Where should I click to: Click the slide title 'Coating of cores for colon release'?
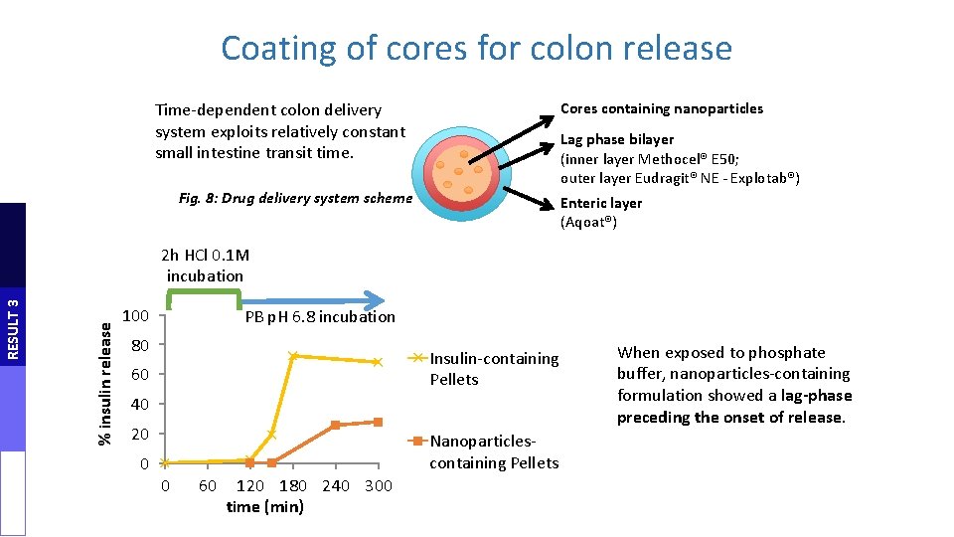pyautogui.click(x=476, y=48)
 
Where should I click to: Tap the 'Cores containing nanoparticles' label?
pyautogui.click(x=662, y=108)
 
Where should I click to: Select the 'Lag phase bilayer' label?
pyautogui.click(x=617, y=139)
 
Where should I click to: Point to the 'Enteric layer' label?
pyautogui.click(x=601, y=203)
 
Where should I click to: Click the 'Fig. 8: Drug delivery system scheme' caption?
pyautogui.click(x=295, y=198)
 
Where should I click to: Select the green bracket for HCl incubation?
pyautogui.click(x=205, y=294)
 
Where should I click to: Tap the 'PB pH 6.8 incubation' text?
pyautogui.click(x=319, y=317)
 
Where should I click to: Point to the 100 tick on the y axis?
pyautogui.click(x=135, y=317)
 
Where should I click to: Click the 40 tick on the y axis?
pyautogui.click(x=139, y=405)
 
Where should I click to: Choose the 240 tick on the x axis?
pyautogui.click(x=336, y=485)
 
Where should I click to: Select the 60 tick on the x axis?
pyautogui.click(x=207, y=485)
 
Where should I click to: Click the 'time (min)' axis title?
pyautogui.click(x=264, y=507)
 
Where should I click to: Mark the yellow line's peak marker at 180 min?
pyautogui.click(x=293, y=355)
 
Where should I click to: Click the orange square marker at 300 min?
pyautogui.click(x=378, y=422)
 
